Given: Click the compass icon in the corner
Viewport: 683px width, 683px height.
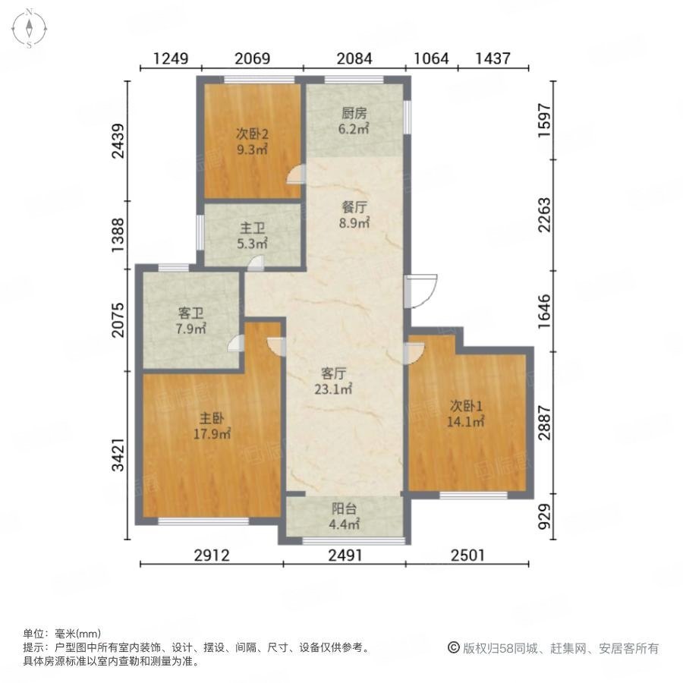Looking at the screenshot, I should pos(29,29).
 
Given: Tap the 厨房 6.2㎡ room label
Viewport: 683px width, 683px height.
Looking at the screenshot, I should pos(354,121).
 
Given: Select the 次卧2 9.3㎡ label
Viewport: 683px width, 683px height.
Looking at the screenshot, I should pos(251,142).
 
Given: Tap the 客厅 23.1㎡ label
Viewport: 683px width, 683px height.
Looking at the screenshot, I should pos(335,381).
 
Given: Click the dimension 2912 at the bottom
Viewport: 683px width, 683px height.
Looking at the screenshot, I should pos(211,556).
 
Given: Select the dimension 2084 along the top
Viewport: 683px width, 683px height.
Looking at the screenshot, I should pos(354,58).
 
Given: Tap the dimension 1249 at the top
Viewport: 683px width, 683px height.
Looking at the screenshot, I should pos(171,58).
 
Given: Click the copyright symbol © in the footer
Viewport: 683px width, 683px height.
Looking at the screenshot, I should pos(454,648).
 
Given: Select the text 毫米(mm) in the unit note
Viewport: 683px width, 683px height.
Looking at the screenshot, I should pos(78,634).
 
